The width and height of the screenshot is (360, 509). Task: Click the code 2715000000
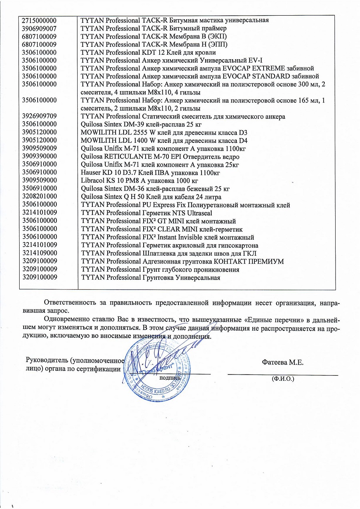coord(39,20)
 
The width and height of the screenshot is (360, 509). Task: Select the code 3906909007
coord(39,28)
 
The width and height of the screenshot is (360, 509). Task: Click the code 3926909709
coord(39,116)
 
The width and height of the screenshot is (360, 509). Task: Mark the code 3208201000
coord(39,196)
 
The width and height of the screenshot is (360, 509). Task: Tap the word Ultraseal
coord(200,213)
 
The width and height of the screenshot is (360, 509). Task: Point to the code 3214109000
coord(39,253)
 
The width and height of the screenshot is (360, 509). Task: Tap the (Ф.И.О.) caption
coord(283,378)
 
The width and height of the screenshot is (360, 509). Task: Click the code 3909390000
coord(39,156)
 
